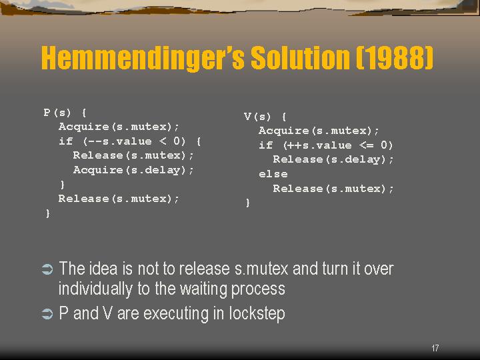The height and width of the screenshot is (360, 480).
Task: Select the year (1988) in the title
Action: click(395, 57)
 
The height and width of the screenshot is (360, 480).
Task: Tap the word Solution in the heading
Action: click(300, 57)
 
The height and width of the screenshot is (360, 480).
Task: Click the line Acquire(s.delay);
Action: click(133, 170)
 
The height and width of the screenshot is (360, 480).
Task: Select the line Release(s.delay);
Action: click(333, 159)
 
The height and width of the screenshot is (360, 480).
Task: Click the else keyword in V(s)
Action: click(273, 174)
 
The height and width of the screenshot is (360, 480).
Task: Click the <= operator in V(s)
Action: click(367, 145)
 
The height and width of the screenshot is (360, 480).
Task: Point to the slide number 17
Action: click(435, 348)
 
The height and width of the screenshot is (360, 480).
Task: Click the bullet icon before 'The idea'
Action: click(47, 269)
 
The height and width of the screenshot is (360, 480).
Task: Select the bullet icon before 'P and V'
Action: click(47, 314)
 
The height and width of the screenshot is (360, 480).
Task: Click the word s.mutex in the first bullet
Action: click(261, 269)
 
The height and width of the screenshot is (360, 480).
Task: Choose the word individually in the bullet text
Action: click(95, 289)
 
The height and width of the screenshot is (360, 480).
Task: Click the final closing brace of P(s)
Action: click(48, 213)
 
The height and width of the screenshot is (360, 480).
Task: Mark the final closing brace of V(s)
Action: click(247, 203)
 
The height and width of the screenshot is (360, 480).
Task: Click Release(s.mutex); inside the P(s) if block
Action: click(133, 155)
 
